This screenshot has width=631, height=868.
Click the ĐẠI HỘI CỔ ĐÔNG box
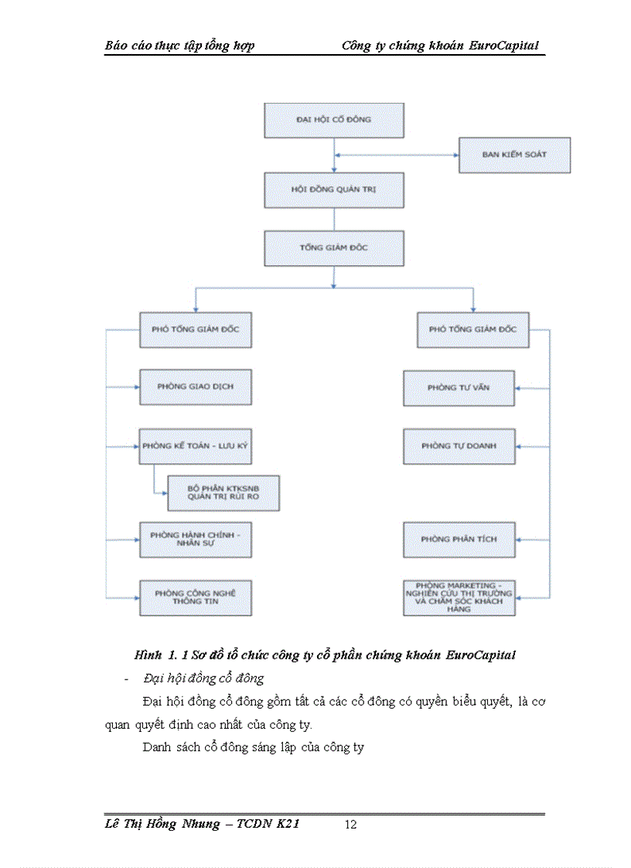pos(334,121)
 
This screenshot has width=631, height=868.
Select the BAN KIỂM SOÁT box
pos(514,155)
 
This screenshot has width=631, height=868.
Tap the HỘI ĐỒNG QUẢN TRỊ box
pos(334,189)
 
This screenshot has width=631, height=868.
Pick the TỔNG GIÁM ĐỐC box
pos(334,248)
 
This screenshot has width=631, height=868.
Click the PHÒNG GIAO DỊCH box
pos(196,386)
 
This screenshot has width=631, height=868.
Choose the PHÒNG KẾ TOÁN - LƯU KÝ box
pos(196,446)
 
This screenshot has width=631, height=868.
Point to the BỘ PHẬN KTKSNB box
pos(223,493)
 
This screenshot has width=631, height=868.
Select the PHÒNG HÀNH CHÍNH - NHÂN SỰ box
pos(196,539)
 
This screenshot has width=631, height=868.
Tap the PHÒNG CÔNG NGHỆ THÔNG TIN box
pos(196,597)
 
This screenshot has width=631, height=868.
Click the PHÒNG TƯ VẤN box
pos(459,387)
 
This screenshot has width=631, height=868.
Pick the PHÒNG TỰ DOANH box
pos(459,446)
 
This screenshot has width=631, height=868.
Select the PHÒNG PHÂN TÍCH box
pos(459,539)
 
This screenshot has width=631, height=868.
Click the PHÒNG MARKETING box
pos(459,597)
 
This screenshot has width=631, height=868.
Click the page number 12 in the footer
pos(350,825)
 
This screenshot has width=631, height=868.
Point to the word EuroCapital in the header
pos(503,46)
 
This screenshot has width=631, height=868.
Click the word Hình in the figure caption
pos(148,655)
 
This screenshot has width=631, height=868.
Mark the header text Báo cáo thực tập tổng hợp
pos(180,46)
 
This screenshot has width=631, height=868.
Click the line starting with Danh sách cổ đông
pos(254,747)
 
